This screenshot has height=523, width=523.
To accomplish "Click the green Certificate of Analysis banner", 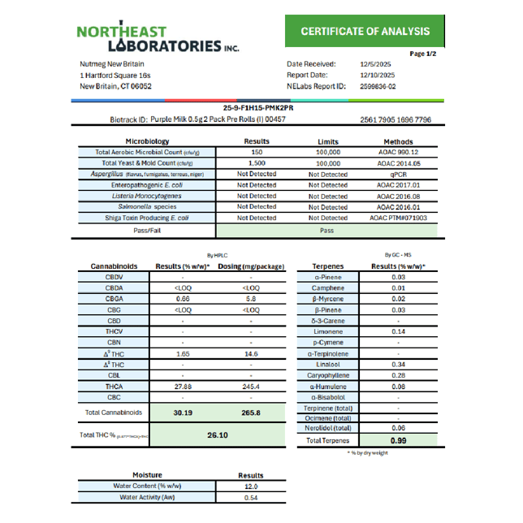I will click(365, 32).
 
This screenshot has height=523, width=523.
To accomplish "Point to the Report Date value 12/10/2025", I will click(377, 74).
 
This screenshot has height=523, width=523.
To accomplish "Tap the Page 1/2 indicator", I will click(423, 54).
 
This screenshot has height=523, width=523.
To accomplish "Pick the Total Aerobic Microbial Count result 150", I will click(257, 152).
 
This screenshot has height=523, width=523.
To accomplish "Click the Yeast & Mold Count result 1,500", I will click(257, 163).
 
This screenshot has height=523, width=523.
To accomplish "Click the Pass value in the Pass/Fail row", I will click(328, 230).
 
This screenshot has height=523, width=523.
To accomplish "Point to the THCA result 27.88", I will click(184, 387).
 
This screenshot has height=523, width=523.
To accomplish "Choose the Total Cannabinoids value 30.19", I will click(184, 412).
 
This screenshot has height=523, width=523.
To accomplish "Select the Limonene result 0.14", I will click(398, 332).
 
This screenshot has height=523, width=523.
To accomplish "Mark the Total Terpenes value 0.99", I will click(398, 440).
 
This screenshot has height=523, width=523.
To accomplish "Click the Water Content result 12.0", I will click(251, 486).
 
